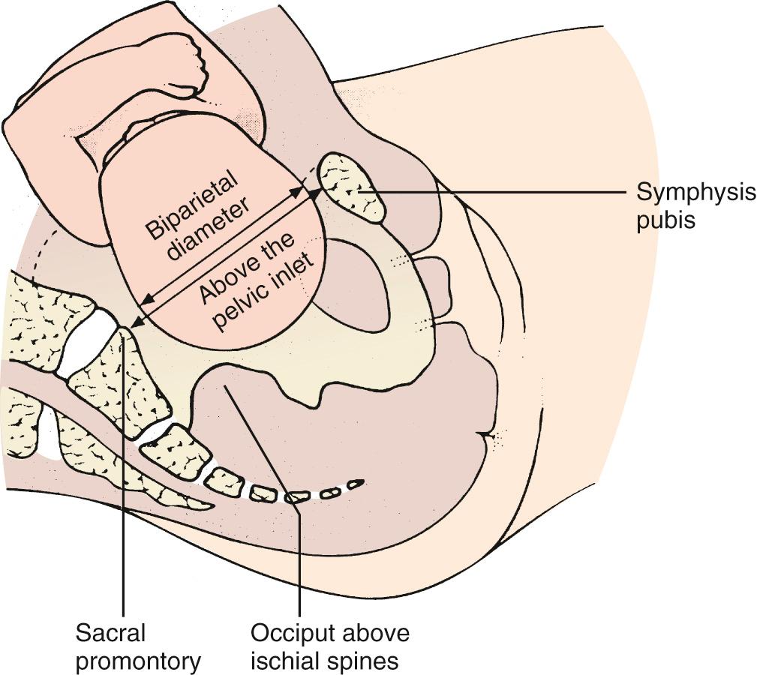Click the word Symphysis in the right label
[695, 193]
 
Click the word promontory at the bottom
[138, 661]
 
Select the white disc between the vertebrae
[89, 341]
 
